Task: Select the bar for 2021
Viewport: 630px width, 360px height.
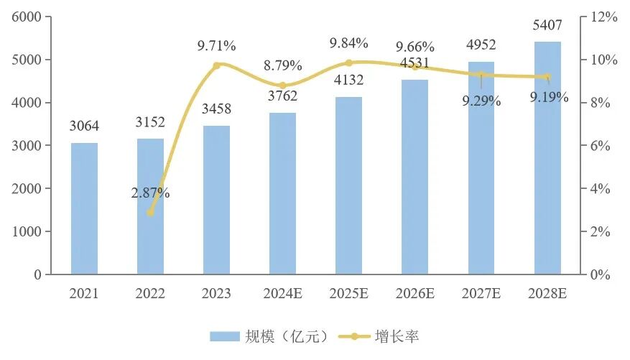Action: tap(84, 208)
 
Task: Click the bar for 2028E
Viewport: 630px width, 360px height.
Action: tap(547, 158)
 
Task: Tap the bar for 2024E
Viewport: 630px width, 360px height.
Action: tap(282, 194)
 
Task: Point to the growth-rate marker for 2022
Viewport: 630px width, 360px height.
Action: tap(150, 213)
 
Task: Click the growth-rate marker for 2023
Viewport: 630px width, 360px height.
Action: tap(216, 65)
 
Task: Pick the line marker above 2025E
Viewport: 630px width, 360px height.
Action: tap(349, 63)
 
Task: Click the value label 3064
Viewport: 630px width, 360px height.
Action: tap(84, 127)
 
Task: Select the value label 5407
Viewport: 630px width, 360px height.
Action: tap(547, 26)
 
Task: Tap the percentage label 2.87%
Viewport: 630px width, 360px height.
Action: tap(150, 193)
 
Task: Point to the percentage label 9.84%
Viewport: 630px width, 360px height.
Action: tap(349, 44)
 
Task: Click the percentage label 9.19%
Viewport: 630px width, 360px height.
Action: tap(550, 96)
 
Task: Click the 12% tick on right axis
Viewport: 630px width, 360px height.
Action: tap(604, 17)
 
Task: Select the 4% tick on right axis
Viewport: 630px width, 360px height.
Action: tap(601, 188)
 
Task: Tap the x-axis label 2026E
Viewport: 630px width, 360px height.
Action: tap(415, 293)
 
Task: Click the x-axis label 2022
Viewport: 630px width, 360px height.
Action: tap(150, 293)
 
